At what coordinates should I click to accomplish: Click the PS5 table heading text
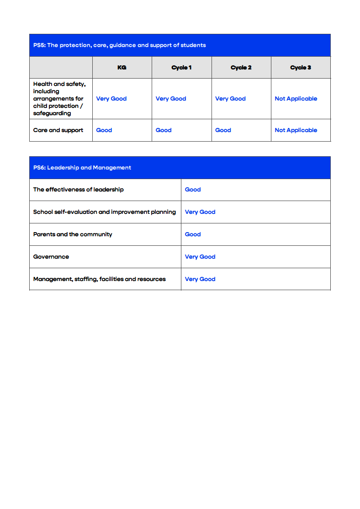click(119, 45)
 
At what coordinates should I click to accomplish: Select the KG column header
click(122, 68)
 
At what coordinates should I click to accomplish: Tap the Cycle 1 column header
click(181, 68)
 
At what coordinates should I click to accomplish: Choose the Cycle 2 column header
click(241, 68)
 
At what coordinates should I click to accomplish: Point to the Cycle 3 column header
click(301, 68)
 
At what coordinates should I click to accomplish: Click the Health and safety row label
click(59, 99)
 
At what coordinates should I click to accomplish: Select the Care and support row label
click(58, 130)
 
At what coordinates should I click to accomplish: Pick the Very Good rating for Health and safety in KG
click(111, 99)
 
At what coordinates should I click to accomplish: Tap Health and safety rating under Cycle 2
click(230, 99)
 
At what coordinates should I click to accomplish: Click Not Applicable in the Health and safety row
click(296, 99)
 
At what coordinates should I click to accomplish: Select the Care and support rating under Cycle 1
click(164, 130)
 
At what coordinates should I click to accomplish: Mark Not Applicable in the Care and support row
click(296, 130)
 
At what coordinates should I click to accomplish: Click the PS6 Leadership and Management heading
click(82, 168)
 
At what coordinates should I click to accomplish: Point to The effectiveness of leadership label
click(78, 190)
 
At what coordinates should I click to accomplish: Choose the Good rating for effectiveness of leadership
click(193, 190)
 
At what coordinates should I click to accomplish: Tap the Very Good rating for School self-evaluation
click(200, 212)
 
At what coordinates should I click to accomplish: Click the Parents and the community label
click(73, 234)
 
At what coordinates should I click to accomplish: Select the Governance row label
click(51, 257)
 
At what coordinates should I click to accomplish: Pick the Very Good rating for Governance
click(200, 257)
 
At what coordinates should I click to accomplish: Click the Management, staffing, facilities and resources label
click(99, 279)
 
